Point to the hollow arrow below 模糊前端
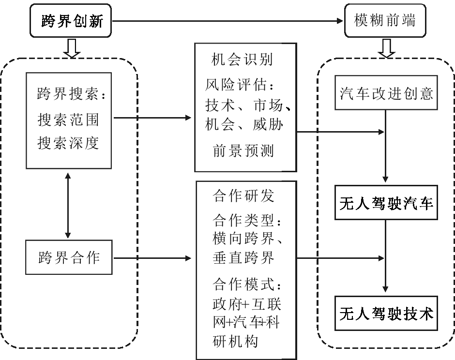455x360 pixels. (386, 48)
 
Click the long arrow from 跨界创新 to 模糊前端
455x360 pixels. (227, 21)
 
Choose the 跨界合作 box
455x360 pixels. (69, 257)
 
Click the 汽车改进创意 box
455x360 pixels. (386, 93)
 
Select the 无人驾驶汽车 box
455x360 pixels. (386, 203)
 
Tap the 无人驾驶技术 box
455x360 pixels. (386, 314)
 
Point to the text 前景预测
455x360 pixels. (243, 151)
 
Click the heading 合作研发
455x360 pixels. (243, 195)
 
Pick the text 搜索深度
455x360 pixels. (68, 144)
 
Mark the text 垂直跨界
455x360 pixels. (243, 257)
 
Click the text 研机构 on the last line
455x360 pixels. (235, 341)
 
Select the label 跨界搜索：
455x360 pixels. (73, 94)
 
